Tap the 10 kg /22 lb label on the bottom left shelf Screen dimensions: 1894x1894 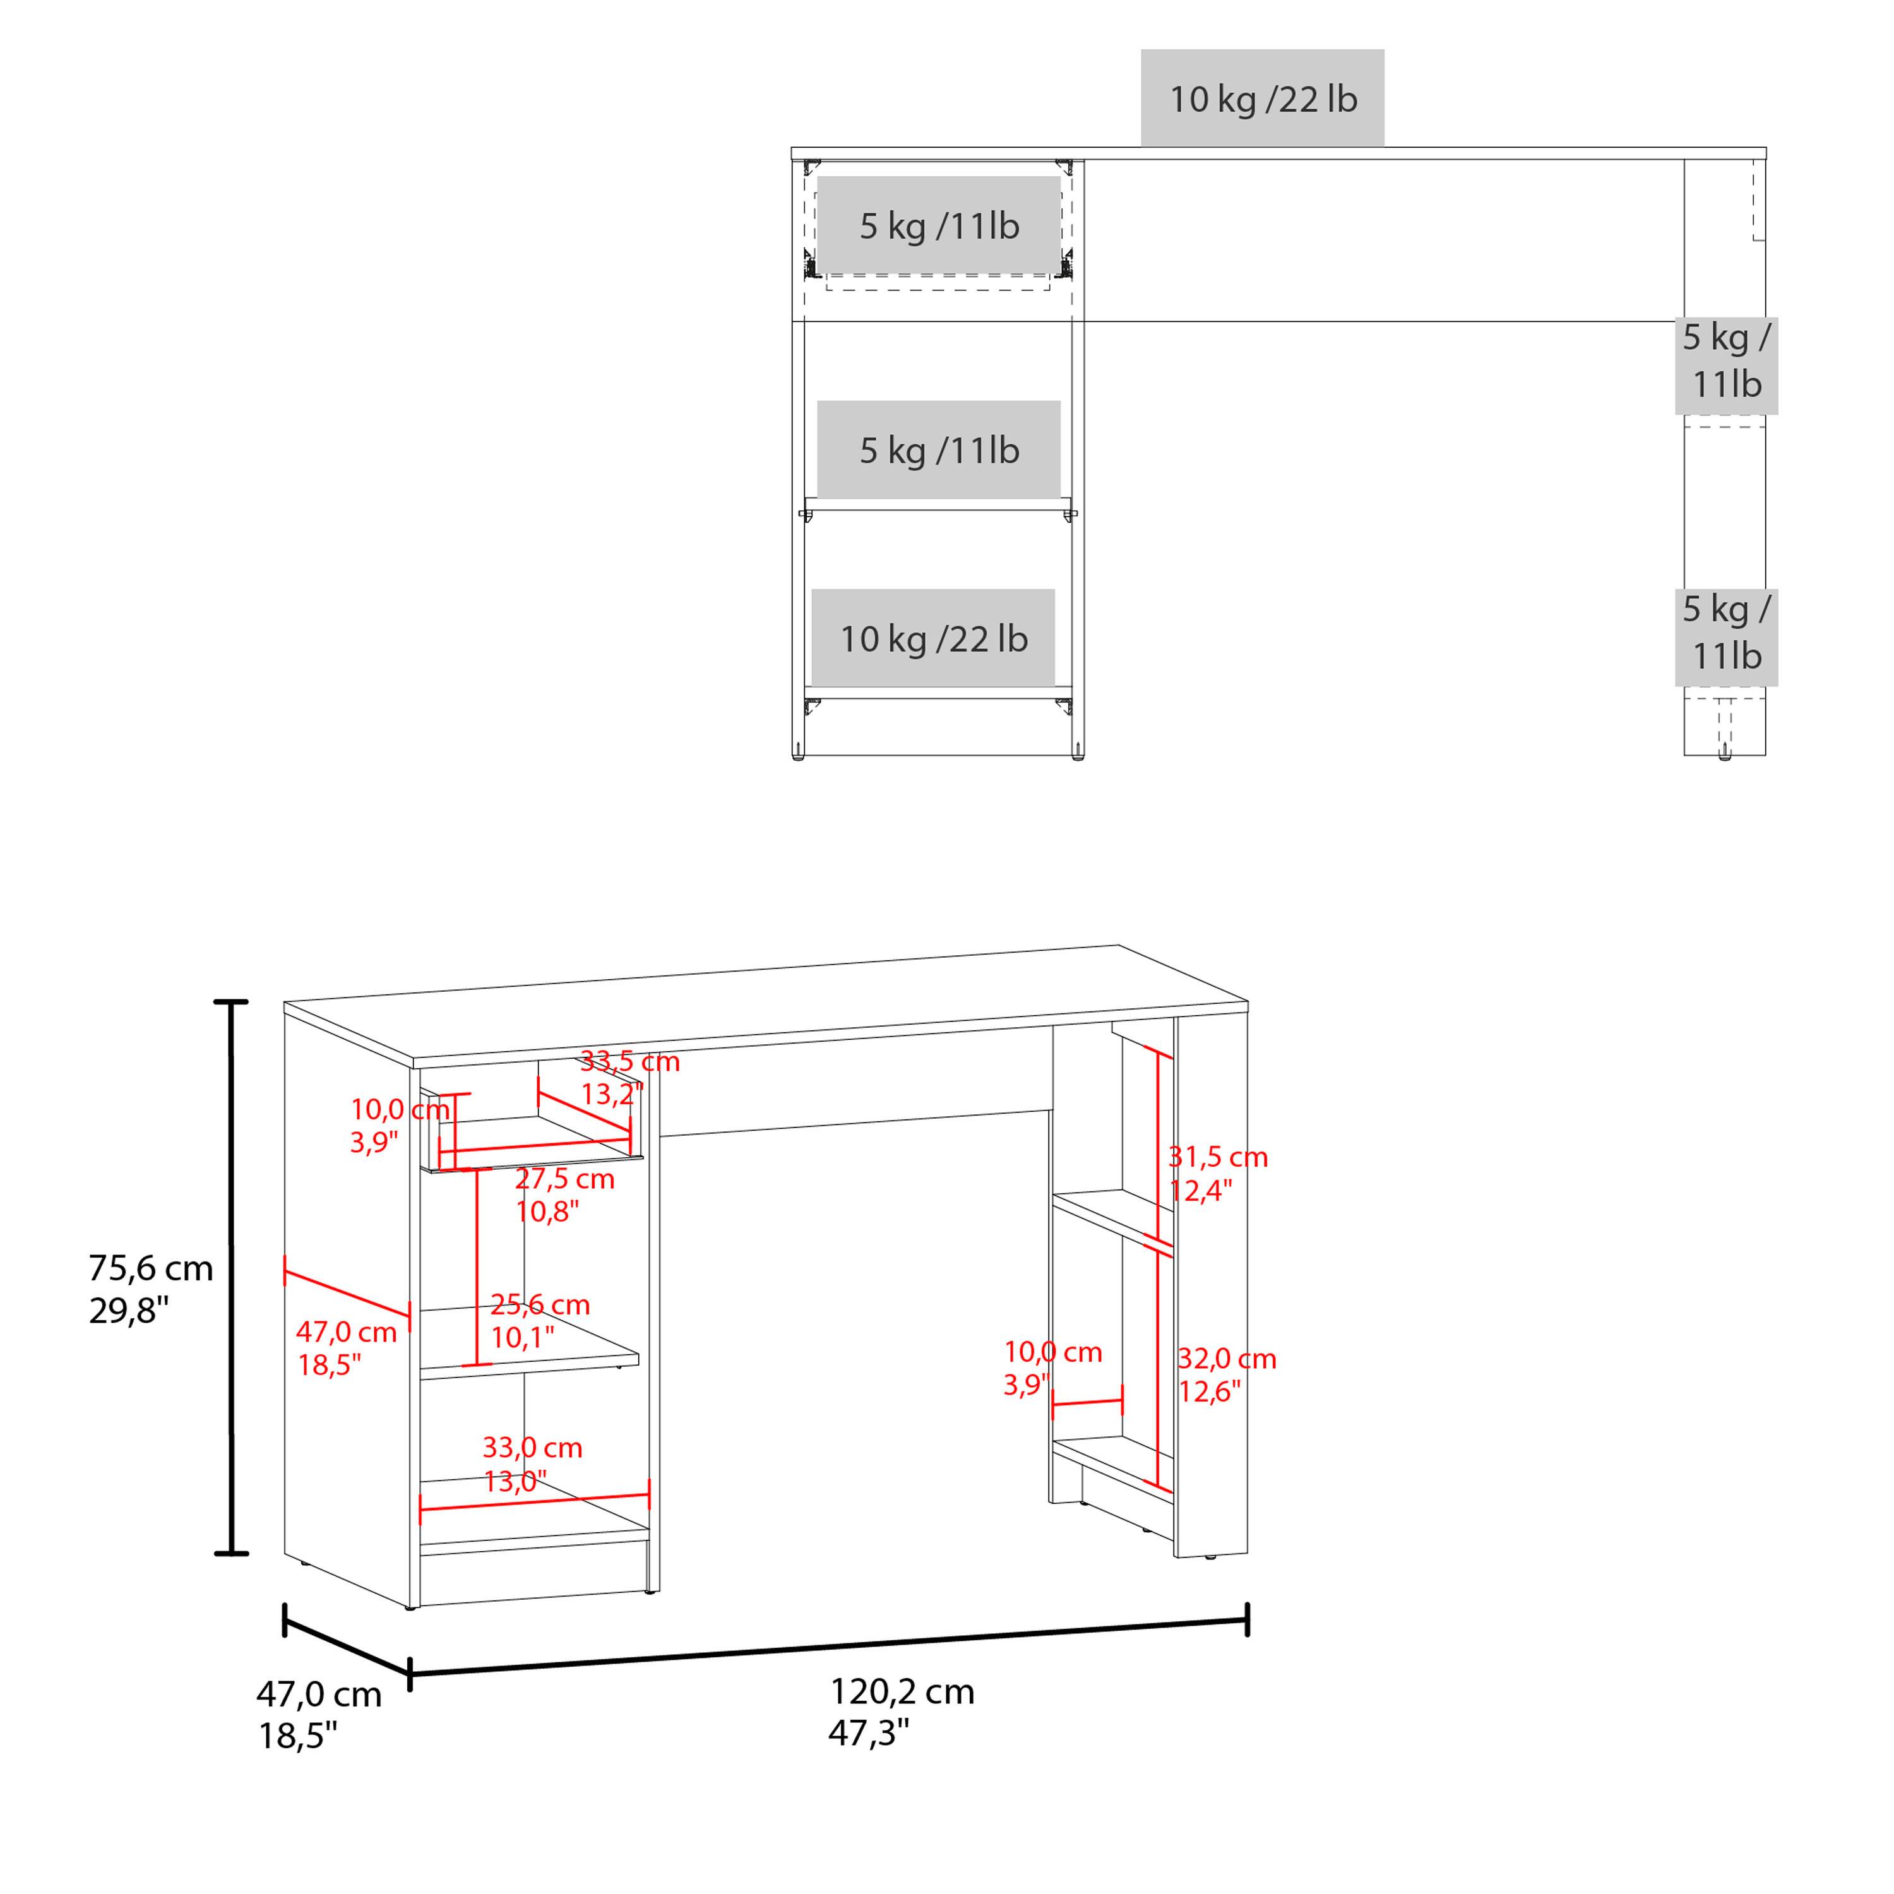point(932,639)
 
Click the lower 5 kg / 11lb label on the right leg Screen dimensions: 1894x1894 point(1725,633)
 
